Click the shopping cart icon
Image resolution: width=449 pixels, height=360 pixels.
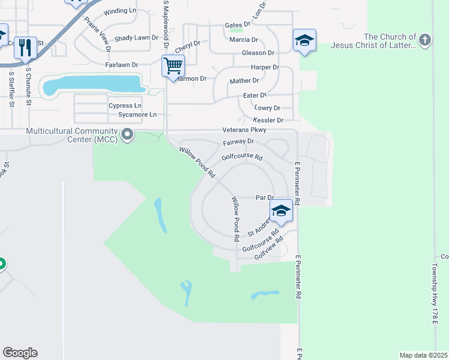(x=173, y=65)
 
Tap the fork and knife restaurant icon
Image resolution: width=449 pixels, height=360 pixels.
(x=25, y=47)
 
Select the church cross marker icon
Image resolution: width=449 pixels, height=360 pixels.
(x=425, y=40)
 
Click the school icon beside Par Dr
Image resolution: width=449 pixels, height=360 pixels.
(x=280, y=211)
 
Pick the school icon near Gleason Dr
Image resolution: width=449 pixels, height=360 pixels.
(x=304, y=40)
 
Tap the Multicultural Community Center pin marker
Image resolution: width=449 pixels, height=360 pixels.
(x=127, y=135)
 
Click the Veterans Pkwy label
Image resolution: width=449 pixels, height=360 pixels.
(x=244, y=130)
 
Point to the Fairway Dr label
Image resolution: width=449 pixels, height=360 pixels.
(x=238, y=142)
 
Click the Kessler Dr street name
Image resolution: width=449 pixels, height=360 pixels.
(x=268, y=121)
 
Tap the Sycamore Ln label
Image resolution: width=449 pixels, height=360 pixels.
(x=137, y=115)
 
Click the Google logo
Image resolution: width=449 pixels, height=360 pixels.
(x=20, y=353)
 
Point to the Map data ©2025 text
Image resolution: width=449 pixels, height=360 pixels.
(x=423, y=355)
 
